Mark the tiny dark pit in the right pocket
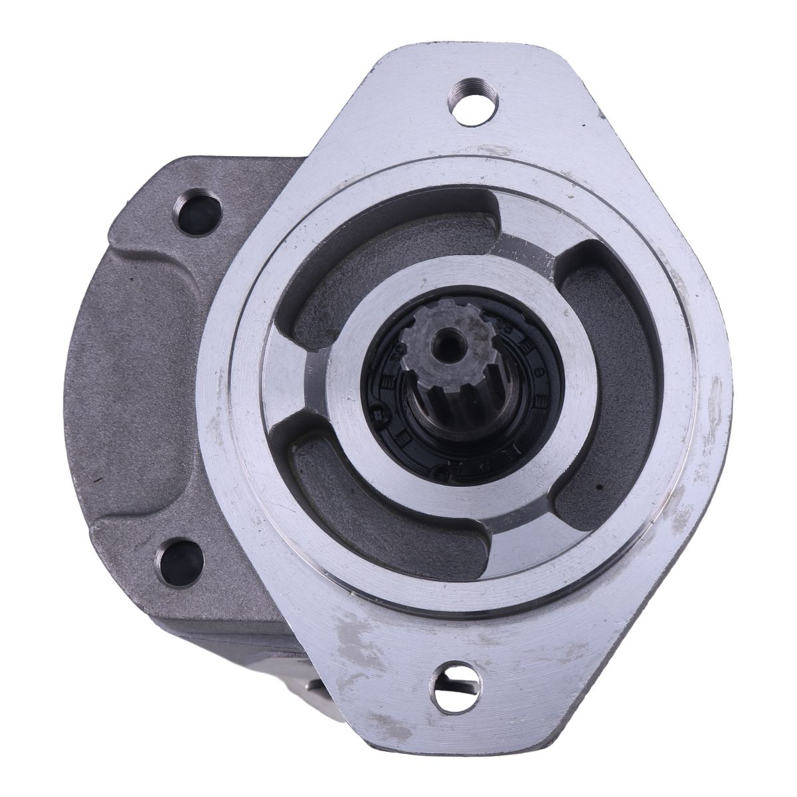(x=600, y=489)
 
